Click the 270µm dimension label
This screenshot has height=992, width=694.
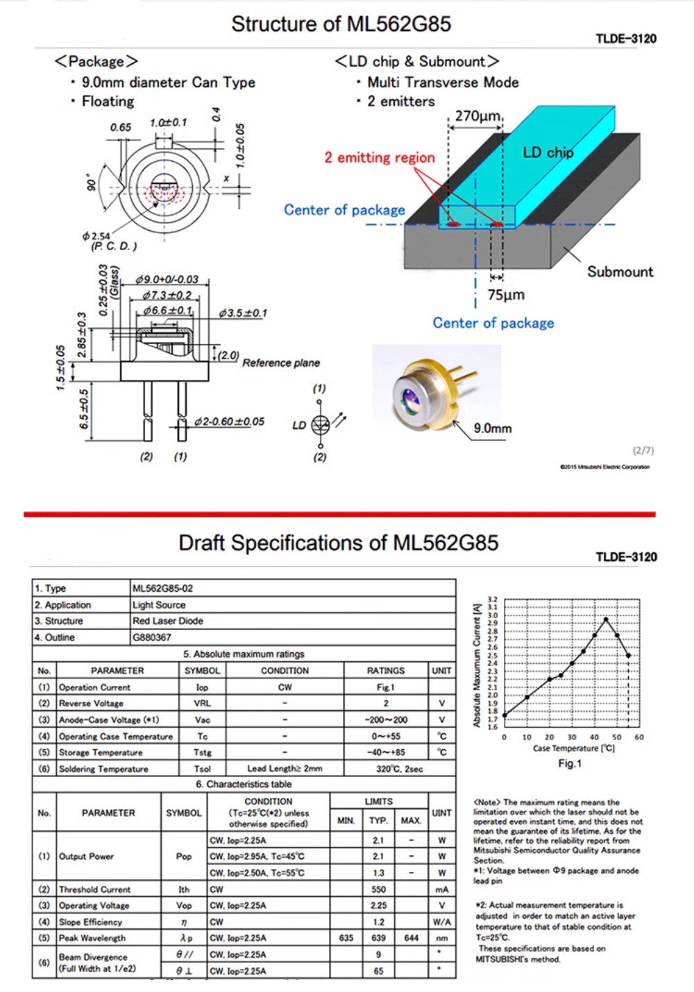pyautogui.click(x=477, y=116)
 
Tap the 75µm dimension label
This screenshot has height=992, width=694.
pyautogui.click(x=505, y=295)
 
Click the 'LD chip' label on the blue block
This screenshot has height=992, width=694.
pyautogui.click(x=548, y=152)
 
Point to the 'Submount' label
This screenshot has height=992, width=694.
pyautogui.click(x=620, y=271)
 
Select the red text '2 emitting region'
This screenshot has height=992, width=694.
pyautogui.click(x=380, y=157)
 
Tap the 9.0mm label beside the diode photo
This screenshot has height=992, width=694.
pyautogui.click(x=492, y=428)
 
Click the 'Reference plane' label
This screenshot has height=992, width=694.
pyautogui.click(x=281, y=363)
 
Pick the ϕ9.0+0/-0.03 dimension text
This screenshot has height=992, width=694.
pyautogui.click(x=167, y=280)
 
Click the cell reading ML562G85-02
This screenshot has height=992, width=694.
pyautogui.click(x=163, y=588)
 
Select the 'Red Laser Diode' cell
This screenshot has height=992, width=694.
pyautogui.click(x=168, y=621)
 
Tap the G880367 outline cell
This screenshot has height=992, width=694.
pyautogui.click(x=152, y=638)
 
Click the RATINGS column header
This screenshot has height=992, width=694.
pyautogui.click(x=385, y=671)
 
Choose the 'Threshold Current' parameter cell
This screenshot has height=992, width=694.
pyautogui.click(x=94, y=889)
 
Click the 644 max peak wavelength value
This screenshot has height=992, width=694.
pyautogui.click(x=412, y=938)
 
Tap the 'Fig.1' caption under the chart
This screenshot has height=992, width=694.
pyautogui.click(x=570, y=763)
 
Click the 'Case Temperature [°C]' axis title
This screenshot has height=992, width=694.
pyautogui.click(x=573, y=749)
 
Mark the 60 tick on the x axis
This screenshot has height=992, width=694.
pyautogui.click(x=638, y=737)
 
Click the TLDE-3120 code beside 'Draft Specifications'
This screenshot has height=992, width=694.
pyautogui.click(x=626, y=557)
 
